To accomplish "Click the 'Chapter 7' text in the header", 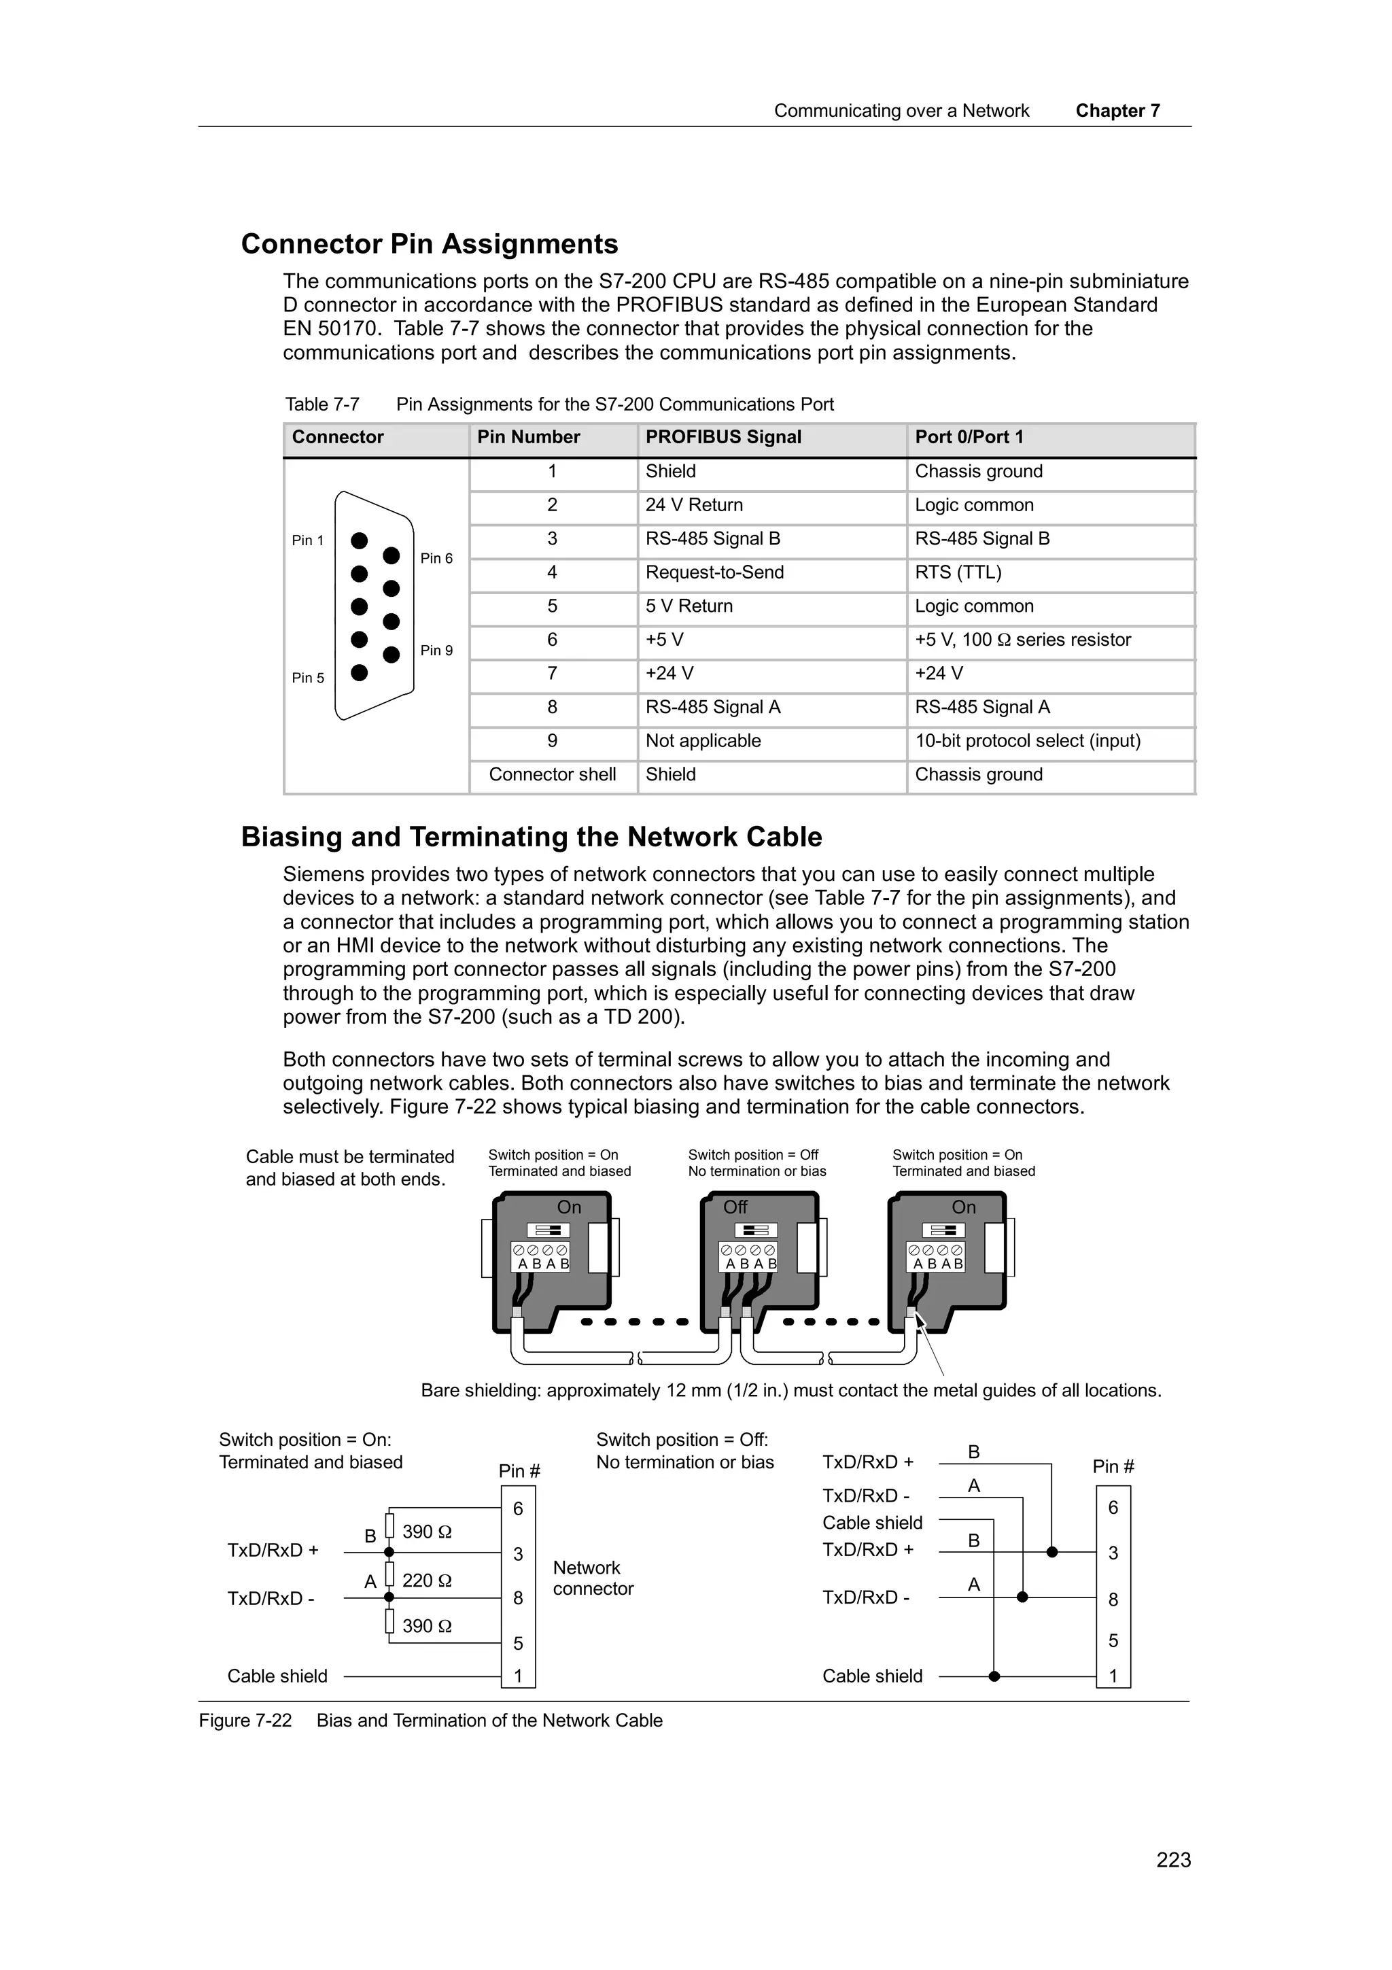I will click(x=1117, y=111).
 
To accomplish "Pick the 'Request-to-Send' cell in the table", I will click(x=714, y=572).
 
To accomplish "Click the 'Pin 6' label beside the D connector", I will click(x=436, y=559).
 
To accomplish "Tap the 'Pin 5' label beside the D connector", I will click(x=308, y=678).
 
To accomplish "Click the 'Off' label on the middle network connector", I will click(x=735, y=1207).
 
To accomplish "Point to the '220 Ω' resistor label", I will click(x=426, y=1580).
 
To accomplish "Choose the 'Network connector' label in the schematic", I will click(x=592, y=1578).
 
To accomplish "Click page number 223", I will click(x=1172, y=1860).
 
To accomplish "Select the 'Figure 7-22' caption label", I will click(x=245, y=1721).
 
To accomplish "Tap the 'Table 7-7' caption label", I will click(x=321, y=404).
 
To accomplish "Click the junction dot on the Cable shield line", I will click(x=993, y=1676).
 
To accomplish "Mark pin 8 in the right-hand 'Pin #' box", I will click(x=1113, y=1600).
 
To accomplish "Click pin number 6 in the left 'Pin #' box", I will click(x=517, y=1508).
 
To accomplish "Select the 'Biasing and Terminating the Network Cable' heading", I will click(x=531, y=837).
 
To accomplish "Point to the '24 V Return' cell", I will click(x=694, y=504).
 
